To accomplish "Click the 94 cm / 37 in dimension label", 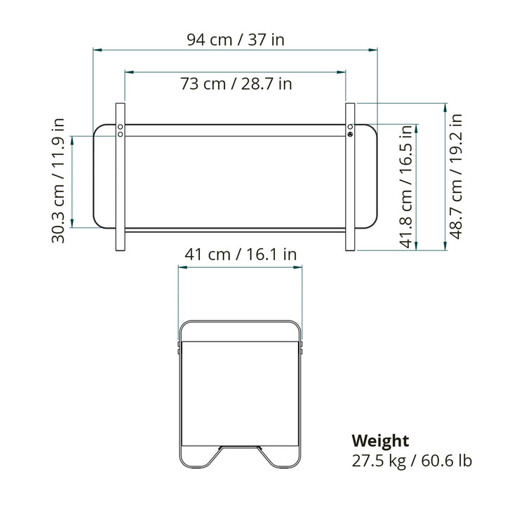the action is click(236, 40).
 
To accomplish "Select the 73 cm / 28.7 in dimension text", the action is click(236, 83).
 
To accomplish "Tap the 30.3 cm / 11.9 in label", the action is click(58, 181).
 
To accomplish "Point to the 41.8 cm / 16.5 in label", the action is click(406, 187).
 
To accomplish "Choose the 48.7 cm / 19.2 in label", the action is click(455, 177).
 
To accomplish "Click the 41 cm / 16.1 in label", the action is click(241, 255).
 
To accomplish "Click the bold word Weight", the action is click(380, 440).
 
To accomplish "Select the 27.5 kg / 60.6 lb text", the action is click(412, 461).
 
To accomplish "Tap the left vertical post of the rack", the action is click(120, 177).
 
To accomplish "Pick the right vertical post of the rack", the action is click(350, 177).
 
